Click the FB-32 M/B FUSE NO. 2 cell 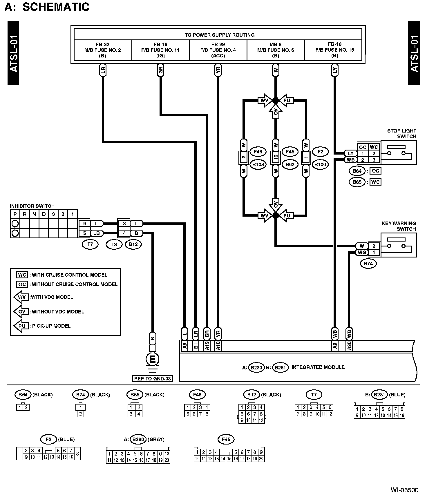pyautogui.click(x=103, y=50)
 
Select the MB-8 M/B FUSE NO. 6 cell pyautogui.click(x=276, y=50)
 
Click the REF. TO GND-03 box pyautogui.click(x=152, y=378)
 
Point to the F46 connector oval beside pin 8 pyautogui.click(x=258, y=152)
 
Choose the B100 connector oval pyautogui.click(x=320, y=164)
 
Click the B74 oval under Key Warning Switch pyautogui.click(x=368, y=264)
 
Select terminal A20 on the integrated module pyautogui.click(x=349, y=346)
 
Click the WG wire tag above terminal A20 pyautogui.click(x=349, y=333)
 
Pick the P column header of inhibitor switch pyautogui.click(x=15, y=214)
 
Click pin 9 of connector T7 pyautogui.click(x=85, y=224)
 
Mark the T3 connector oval pyautogui.click(x=114, y=244)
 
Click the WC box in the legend pyautogui.click(x=22, y=275)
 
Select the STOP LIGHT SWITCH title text pyautogui.click(x=402, y=134)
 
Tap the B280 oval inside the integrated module pyautogui.click(x=256, y=368)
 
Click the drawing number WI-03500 pyautogui.click(x=404, y=490)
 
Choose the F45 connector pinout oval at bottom pyautogui.click(x=226, y=439)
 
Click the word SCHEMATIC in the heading pyautogui.click(x=56, y=7)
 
